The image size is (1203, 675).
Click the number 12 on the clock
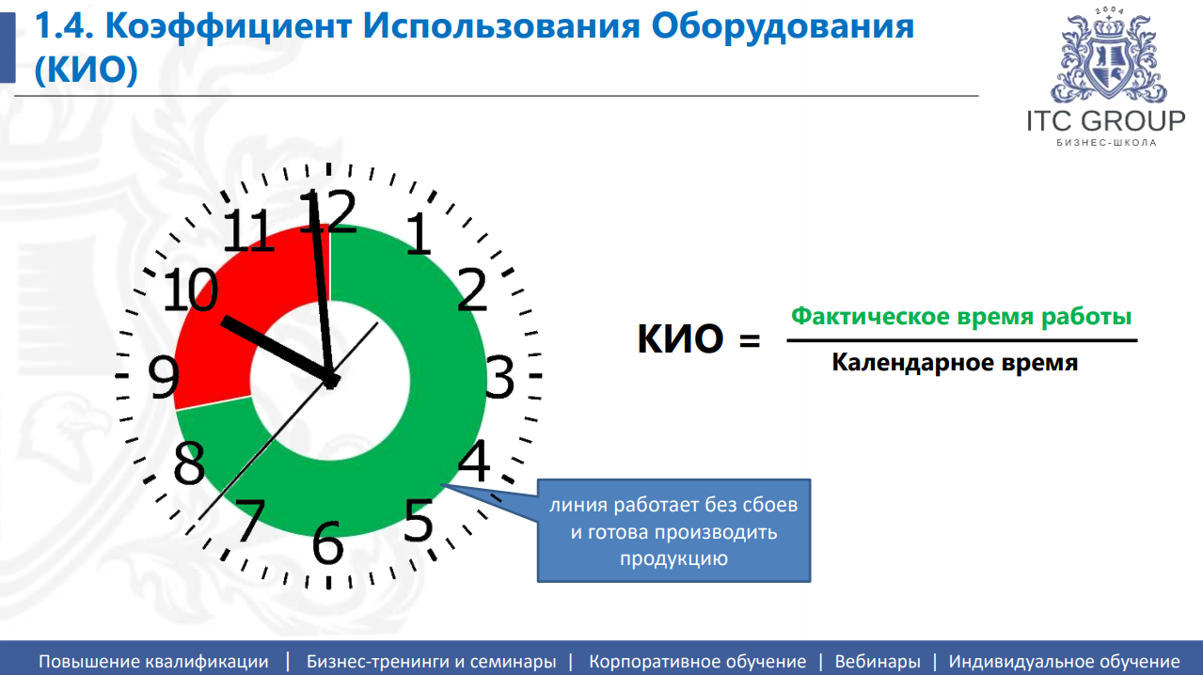tap(328, 212)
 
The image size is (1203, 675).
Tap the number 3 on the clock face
tap(499, 378)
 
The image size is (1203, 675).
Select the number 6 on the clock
tap(326, 542)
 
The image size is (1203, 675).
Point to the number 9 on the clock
tap(164, 379)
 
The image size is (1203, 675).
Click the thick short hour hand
tap(273, 348)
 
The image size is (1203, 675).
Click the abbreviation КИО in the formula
tap(680, 339)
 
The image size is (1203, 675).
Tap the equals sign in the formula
tap(749, 342)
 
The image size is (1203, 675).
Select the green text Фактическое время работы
tap(960, 317)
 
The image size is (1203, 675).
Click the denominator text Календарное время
tap(955, 363)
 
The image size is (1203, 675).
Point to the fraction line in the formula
tap(961, 340)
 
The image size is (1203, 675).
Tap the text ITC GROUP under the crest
tap(1106, 121)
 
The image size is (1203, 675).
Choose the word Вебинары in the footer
tap(878, 661)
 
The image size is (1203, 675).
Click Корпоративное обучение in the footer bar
tap(697, 661)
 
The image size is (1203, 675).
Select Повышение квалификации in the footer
tap(153, 661)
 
